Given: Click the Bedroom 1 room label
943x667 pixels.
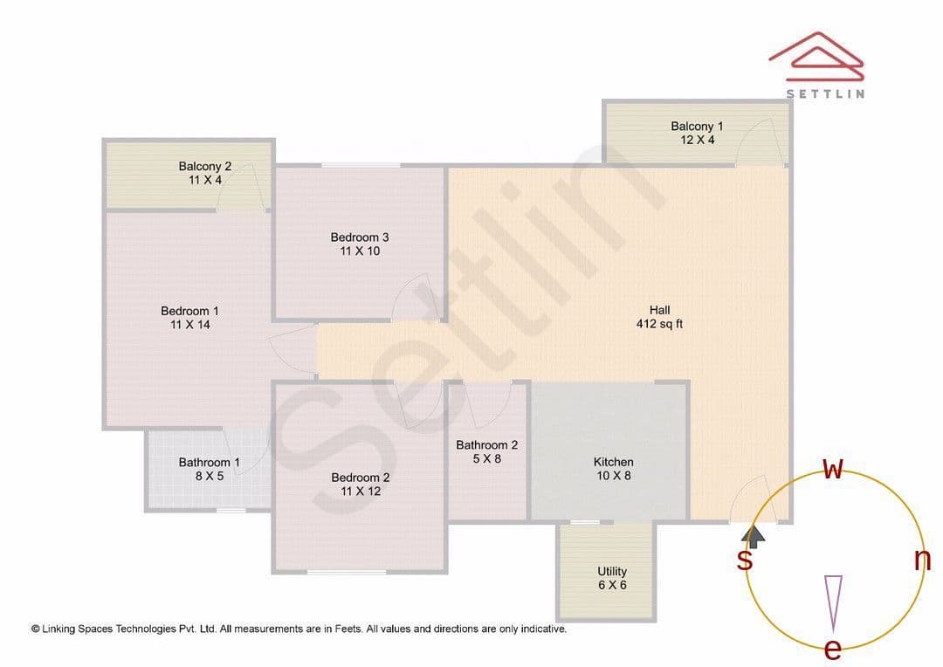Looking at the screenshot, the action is (x=189, y=311).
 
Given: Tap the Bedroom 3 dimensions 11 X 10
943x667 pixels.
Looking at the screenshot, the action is (x=360, y=251).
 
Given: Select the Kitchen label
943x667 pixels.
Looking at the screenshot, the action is (x=614, y=462).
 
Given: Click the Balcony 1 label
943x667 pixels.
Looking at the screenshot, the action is (x=697, y=127).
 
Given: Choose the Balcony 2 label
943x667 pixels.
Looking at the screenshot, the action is (x=205, y=166).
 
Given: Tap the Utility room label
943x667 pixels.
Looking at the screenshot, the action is (x=612, y=571).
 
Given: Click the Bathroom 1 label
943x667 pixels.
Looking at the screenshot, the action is (x=210, y=463).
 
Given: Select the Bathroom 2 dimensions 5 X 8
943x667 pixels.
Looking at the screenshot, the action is (x=486, y=459).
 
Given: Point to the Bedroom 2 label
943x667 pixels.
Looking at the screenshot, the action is (x=361, y=478).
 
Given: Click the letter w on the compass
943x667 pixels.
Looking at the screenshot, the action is (x=833, y=469).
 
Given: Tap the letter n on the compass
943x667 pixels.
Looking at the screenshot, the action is (x=922, y=560).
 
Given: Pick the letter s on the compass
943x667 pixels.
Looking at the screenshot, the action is (x=745, y=560).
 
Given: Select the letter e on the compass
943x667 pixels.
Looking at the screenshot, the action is (x=832, y=650).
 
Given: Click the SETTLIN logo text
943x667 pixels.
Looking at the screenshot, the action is (x=826, y=93).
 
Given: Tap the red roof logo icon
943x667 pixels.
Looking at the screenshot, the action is (x=816, y=56).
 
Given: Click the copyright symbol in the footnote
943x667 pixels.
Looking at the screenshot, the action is (x=36, y=629).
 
